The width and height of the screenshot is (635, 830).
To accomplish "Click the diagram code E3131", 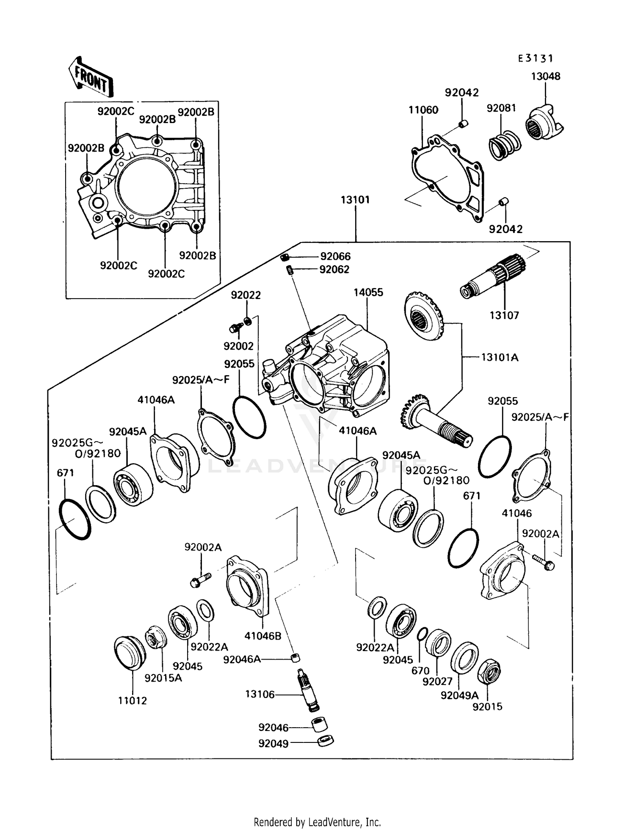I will coord(536,59).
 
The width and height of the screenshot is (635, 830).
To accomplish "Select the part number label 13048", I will coord(546,77).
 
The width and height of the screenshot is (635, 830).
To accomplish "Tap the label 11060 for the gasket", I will coord(423,110).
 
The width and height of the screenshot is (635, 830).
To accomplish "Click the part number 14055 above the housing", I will coord(368,292).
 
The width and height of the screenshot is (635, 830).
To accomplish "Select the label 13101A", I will coord(500,357).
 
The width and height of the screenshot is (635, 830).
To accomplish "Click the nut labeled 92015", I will coord(489,671).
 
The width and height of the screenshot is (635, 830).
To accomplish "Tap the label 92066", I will coord(335,256).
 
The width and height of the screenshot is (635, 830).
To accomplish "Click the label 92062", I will coord(334,269).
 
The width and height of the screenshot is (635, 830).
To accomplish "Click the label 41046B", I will coord(262,636).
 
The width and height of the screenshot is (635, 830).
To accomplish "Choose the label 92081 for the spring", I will coord(501,108).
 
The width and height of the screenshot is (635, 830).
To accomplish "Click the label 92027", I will coord(437,681).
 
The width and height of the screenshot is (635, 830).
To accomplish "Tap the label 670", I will coord(420,671).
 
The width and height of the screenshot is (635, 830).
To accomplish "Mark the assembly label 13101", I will coord(355,200).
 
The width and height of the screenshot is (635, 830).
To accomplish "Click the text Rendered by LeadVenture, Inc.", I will coord(317,822).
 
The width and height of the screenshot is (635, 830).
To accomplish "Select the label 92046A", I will coord(242,659).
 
